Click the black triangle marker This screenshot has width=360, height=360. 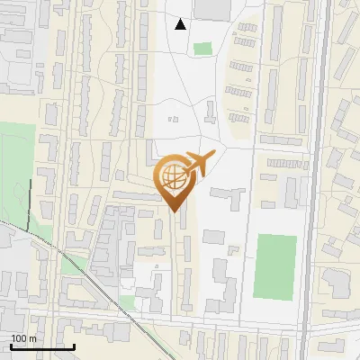181,24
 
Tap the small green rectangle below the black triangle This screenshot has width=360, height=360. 202,49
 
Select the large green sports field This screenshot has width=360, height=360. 276,266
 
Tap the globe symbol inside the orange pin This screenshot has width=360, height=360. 173,178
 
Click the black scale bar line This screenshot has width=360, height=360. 42,346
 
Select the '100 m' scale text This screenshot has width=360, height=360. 23,338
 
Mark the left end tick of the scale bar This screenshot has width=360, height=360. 11,345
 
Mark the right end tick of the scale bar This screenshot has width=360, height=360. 74,345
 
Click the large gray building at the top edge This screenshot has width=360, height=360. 212,8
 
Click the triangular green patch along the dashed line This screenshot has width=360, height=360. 76,264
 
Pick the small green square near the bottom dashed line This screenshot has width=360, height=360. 128,303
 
